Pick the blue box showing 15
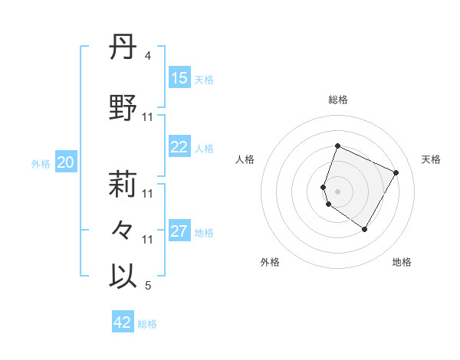[x=179, y=78]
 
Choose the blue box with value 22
[x=179, y=148]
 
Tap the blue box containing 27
[x=179, y=232]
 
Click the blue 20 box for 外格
[x=66, y=162]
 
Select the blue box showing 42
[x=123, y=322]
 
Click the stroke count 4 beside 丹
[x=148, y=56]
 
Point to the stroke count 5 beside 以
[x=148, y=286]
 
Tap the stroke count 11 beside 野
[x=148, y=117]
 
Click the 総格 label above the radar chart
[x=338, y=100]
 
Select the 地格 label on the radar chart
[x=402, y=262]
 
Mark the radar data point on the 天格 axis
[x=396, y=172]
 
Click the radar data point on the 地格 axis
[x=365, y=229]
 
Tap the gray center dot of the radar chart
[x=338, y=191]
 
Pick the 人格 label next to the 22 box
[x=204, y=149]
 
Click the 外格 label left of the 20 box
[x=41, y=163]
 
